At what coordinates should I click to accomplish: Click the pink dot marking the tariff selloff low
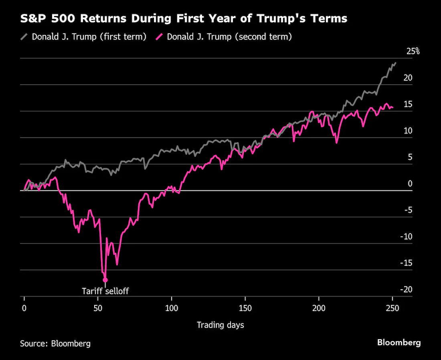coord(105,280)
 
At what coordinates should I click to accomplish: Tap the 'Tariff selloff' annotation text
coord(105,291)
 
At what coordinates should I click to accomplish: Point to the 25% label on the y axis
coord(413,51)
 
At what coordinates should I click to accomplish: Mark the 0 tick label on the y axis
coord(410,184)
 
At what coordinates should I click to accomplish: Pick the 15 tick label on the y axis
coord(408,104)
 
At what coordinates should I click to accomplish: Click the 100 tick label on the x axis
coord(172,308)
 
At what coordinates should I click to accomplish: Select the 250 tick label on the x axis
coord(392,308)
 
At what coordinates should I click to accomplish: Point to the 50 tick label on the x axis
coord(98,308)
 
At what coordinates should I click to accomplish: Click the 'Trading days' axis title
coord(220,325)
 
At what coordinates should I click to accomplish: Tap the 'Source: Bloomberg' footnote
coord(55,344)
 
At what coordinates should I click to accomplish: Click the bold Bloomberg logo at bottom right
coord(399,342)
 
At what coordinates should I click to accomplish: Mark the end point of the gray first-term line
coord(396,63)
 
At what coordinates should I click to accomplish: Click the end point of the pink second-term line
coord(392,107)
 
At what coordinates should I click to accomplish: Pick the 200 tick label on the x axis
coord(319,308)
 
